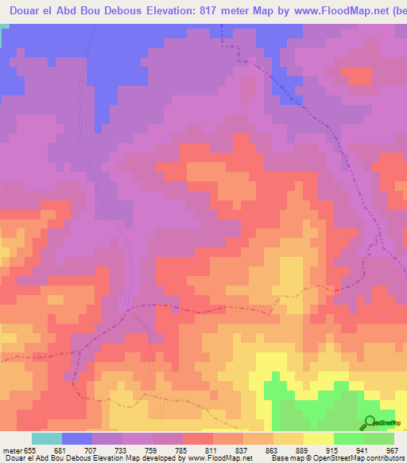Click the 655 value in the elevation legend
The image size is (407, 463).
point(30,450)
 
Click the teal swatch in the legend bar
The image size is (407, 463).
point(47,438)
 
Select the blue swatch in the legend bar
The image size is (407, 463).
point(77,438)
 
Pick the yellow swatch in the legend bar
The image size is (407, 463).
point(319,438)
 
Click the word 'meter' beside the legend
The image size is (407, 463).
point(10,450)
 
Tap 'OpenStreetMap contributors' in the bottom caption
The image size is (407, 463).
point(361,458)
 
